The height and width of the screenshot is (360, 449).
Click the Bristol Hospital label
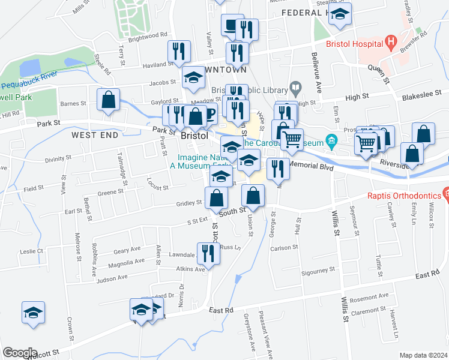click(x=355, y=44)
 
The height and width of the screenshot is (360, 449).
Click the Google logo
click(x=20, y=352)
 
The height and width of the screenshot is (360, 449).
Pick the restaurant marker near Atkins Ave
click(x=208, y=253)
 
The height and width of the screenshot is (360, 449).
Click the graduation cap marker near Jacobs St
click(x=194, y=78)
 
